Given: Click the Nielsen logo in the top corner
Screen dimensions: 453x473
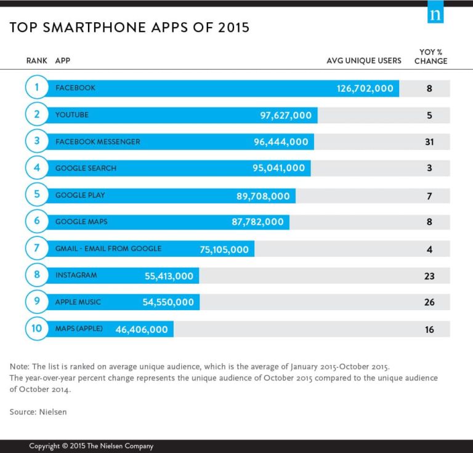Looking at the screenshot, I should [x=435, y=14].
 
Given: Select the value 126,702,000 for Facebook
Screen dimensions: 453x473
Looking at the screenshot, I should [x=365, y=89].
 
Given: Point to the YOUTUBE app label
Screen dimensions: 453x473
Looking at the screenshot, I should [x=72, y=115].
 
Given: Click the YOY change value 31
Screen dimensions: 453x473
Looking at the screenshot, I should [x=429, y=142].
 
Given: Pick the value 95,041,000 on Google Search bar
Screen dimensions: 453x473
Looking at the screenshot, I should [x=278, y=168].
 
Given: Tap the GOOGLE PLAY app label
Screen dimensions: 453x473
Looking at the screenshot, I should [x=80, y=195].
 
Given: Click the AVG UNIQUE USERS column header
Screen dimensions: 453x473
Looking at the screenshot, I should [x=363, y=61].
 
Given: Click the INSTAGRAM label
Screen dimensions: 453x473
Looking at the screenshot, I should [x=76, y=275].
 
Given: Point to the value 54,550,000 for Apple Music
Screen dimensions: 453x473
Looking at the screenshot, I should [x=168, y=302].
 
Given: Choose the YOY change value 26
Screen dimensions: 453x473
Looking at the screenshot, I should [x=429, y=302].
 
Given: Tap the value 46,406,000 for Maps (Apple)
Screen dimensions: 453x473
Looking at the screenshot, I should [x=142, y=329].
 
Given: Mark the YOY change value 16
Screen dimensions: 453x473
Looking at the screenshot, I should [x=429, y=329].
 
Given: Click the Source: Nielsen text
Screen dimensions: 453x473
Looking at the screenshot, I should [x=38, y=412].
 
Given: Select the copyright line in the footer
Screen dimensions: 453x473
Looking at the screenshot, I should [x=91, y=446].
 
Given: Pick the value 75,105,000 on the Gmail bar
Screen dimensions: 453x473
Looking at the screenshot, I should [x=224, y=249].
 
